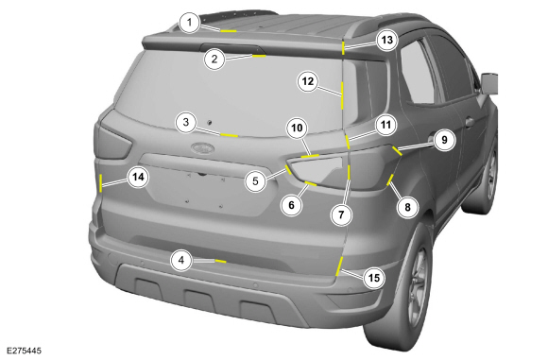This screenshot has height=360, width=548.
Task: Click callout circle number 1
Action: (x=189, y=23)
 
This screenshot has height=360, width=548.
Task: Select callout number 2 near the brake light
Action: (x=214, y=60)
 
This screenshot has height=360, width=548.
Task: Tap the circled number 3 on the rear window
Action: (x=186, y=122)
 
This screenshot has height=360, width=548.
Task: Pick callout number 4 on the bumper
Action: (x=181, y=261)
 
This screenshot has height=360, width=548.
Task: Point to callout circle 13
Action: (x=386, y=41)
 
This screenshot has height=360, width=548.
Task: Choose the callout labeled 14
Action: (x=138, y=178)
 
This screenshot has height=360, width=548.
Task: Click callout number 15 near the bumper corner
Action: (x=374, y=278)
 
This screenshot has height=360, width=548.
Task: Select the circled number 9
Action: (x=444, y=140)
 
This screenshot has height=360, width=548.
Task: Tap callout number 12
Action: (x=308, y=81)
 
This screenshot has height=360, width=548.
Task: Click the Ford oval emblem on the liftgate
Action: (x=202, y=147)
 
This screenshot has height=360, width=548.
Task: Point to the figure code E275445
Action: (x=24, y=351)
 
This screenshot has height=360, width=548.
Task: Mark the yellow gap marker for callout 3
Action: (x=230, y=135)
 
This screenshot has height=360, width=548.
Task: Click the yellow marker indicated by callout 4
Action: (x=220, y=261)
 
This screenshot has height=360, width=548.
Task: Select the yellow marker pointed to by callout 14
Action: (x=101, y=182)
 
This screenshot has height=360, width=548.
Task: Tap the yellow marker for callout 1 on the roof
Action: (x=229, y=31)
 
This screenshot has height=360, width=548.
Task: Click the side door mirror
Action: (x=489, y=83)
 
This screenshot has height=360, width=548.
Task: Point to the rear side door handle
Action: (x=470, y=122)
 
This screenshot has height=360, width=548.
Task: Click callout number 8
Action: (x=407, y=207)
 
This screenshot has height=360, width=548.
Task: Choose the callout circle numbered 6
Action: (x=291, y=205)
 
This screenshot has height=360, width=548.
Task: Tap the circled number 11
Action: (x=385, y=125)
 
